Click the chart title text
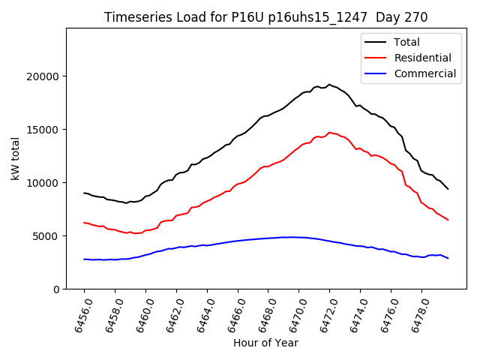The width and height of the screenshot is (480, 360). click(x=266, y=17)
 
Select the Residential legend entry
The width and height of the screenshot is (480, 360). click(x=423, y=58)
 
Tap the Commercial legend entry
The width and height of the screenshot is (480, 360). click(x=425, y=73)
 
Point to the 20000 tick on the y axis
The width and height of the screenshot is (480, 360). click(x=43, y=76)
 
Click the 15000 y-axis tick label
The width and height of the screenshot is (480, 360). click(x=43, y=130)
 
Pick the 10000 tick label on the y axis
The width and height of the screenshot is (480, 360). click(x=43, y=183)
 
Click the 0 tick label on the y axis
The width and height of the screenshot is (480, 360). click(x=55, y=289)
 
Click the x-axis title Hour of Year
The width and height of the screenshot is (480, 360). click(x=265, y=343)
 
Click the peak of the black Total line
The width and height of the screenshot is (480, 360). click(x=329, y=85)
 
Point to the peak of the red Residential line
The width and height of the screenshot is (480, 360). click(x=329, y=133)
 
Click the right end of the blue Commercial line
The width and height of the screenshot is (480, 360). click(x=448, y=258)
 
